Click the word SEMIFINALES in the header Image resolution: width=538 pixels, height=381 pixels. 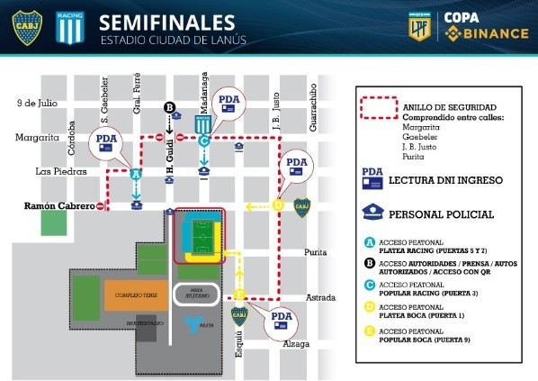167,21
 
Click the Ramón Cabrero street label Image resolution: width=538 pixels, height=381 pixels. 58,206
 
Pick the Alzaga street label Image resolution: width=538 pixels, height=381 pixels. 295,344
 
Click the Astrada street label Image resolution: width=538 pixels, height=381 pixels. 319,297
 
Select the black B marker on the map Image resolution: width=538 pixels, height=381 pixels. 169,109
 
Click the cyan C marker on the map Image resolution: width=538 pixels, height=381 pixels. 204,141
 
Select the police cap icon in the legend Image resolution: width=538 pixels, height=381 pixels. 372,213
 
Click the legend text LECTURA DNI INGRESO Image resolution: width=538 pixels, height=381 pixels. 440,179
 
